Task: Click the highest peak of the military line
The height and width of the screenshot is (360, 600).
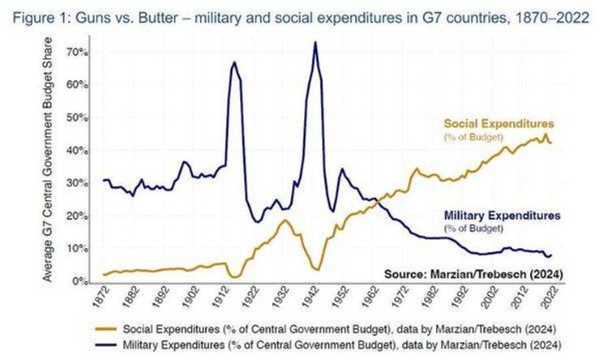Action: click(x=315, y=42)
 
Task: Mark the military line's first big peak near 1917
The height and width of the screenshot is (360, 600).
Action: click(x=234, y=62)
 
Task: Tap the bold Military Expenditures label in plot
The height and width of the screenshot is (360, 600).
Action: click(x=502, y=216)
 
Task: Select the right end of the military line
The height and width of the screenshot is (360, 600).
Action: click(x=552, y=255)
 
